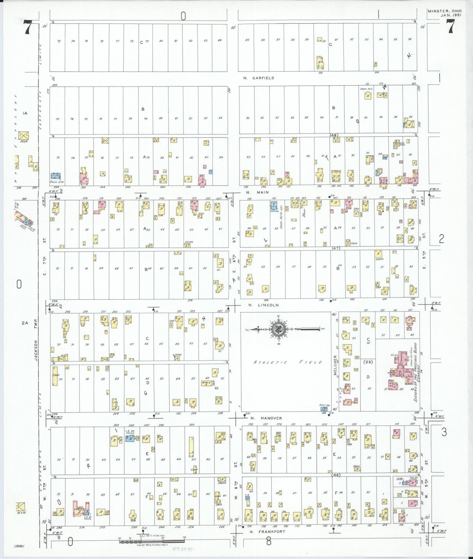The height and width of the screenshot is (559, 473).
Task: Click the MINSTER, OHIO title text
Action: pos(445,11)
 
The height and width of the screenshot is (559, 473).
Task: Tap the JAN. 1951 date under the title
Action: pos(451,15)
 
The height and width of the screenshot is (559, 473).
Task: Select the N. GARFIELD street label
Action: pos(259,78)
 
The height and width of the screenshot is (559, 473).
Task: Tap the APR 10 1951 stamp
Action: pos(183,549)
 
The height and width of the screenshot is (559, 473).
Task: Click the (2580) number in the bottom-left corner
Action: pos(19,546)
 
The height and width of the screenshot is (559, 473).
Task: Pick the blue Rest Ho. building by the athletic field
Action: pos(323,409)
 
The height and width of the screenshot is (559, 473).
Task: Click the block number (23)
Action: pos(368,362)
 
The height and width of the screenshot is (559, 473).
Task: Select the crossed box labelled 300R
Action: pos(23,135)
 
